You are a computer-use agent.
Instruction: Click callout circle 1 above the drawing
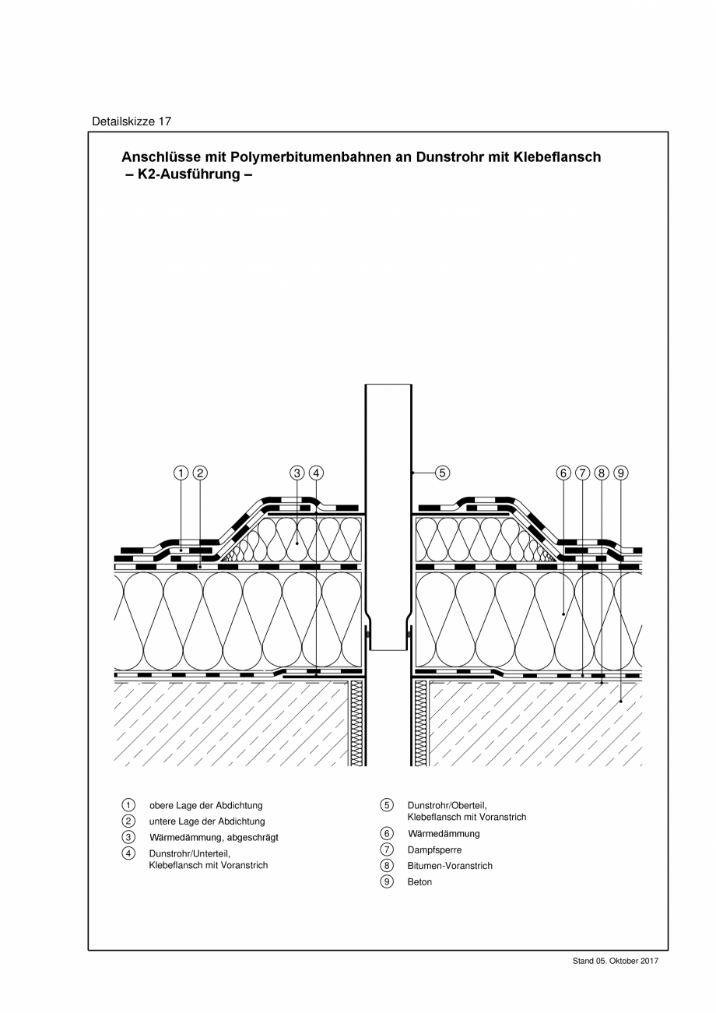pos(181,473)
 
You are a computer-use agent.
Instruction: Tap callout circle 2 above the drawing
pos(200,473)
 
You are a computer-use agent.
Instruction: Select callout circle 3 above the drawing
pos(297,473)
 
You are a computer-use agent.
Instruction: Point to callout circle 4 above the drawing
pos(316,473)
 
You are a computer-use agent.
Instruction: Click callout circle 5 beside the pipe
pos(441,473)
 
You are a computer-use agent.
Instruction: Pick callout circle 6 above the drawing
pos(563,473)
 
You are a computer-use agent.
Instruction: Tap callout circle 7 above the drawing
pos(583,473)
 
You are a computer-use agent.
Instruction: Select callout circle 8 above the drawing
pos(602,473)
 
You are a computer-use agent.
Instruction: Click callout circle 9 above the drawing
pos(621,473)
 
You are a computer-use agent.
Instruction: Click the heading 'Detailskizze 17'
pos(132,121)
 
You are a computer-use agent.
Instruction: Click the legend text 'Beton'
pos(419,882)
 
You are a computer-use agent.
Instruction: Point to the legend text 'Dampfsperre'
pos(434,850)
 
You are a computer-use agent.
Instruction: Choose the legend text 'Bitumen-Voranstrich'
pos(450,866)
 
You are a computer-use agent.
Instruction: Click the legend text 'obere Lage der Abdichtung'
pos(205,806)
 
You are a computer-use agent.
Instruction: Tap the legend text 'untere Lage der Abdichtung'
pos(207,821)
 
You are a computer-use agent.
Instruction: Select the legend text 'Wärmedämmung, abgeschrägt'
pos(213,838)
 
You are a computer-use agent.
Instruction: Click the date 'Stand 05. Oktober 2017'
pos(616,962)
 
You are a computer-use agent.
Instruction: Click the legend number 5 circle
pos(387,805)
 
